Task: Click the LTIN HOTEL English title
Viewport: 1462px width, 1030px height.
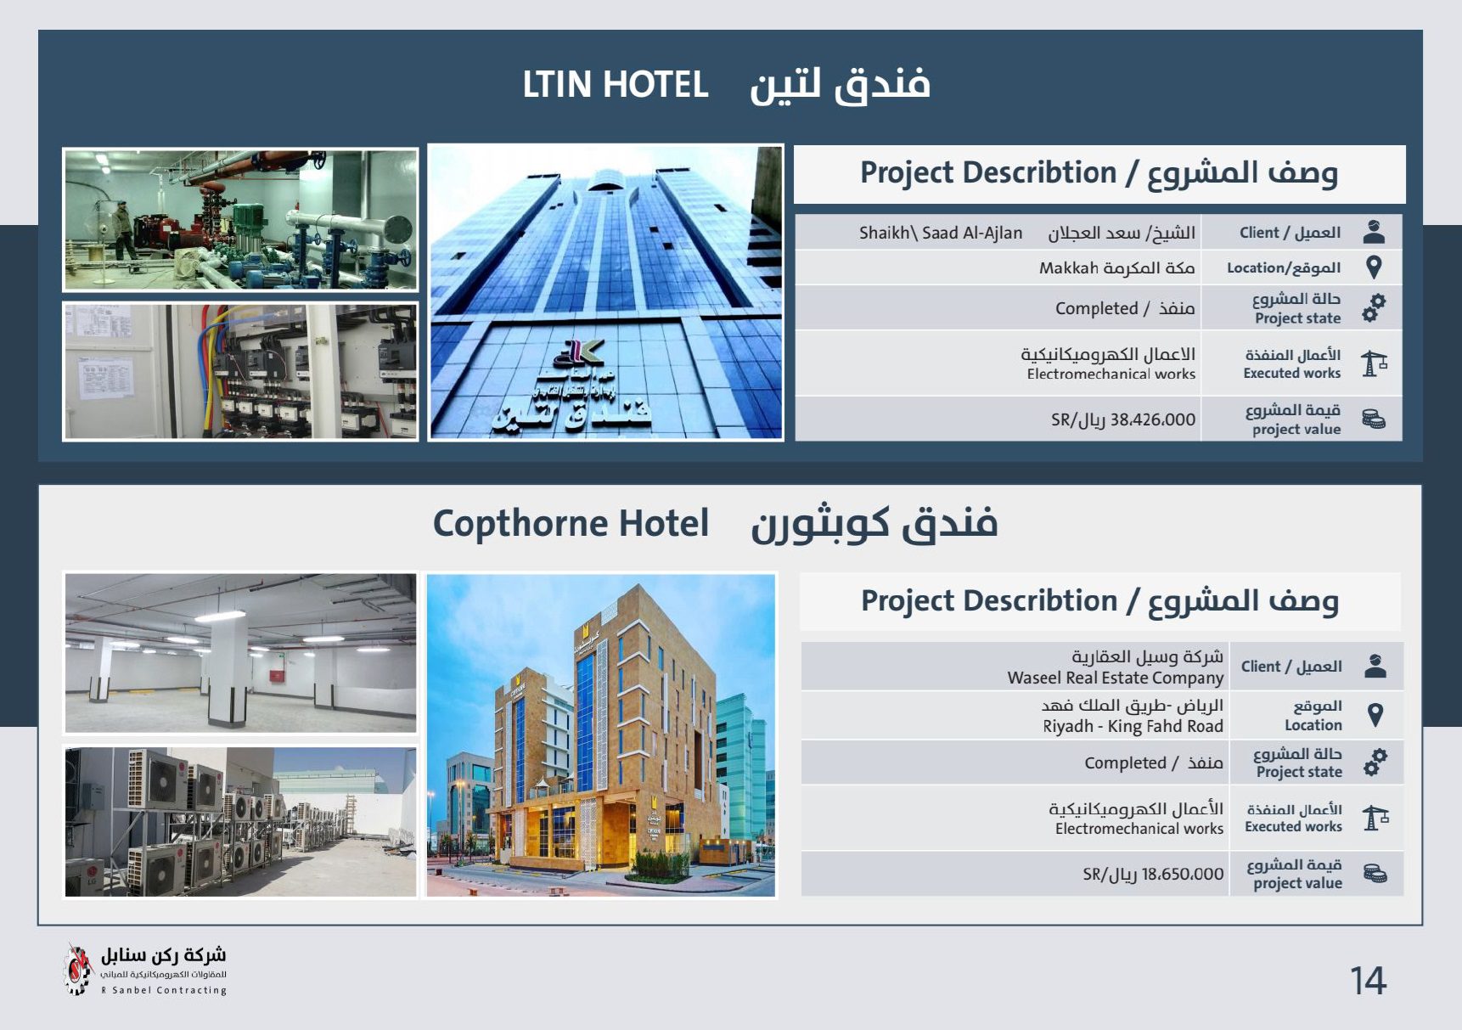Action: [x=616, y=85]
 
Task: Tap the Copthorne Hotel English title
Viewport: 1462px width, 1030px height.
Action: [x=571, y=524]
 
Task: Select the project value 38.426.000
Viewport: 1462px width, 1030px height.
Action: [x=1153, y=419]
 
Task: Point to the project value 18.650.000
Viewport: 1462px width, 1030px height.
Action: [x=1183, y=874]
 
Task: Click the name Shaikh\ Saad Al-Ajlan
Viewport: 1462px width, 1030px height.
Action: [x=941, y=233]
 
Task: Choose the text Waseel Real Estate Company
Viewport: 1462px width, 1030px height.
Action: [x=1115, y=678]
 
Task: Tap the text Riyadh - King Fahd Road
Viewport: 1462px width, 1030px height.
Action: [x=1133, y=726]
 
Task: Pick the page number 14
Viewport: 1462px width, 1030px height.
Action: [x=1368, y=982]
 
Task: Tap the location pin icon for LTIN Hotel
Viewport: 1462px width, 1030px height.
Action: [x=1374, y=267]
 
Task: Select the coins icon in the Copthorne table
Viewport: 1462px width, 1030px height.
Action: [x=1375, y=873]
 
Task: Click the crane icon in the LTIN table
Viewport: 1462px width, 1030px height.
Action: [x=1374, y=363]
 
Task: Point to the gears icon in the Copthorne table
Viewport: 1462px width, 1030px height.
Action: [x=1375, y=762]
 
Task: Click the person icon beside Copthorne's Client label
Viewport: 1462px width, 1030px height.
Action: [x=1375, y=667]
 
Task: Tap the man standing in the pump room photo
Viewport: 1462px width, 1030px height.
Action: [x=125, y=229]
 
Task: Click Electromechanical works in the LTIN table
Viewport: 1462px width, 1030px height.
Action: [x=1111, y=374]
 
